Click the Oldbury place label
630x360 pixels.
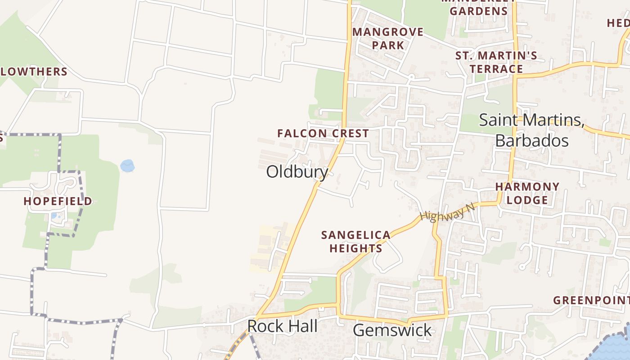[297, 171]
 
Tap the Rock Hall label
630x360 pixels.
[282, 326]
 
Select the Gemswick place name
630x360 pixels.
[392, 330]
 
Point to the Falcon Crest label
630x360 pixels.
[323, 133]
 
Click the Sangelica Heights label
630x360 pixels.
[356, 242]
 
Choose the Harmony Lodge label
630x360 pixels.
[527, 193]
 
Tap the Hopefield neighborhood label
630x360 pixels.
[58, 201]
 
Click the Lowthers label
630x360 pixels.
[34, 72]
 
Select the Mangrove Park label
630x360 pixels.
[388, 38]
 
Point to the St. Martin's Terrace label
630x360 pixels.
[496, 62]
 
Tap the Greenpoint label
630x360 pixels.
[591, 300]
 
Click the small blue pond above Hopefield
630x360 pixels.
[127, 166]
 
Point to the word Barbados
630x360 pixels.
[532, 140]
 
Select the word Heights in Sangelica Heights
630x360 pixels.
[356, 248]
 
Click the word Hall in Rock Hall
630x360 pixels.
[303, 326]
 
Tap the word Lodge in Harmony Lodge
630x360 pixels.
[527, 200]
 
